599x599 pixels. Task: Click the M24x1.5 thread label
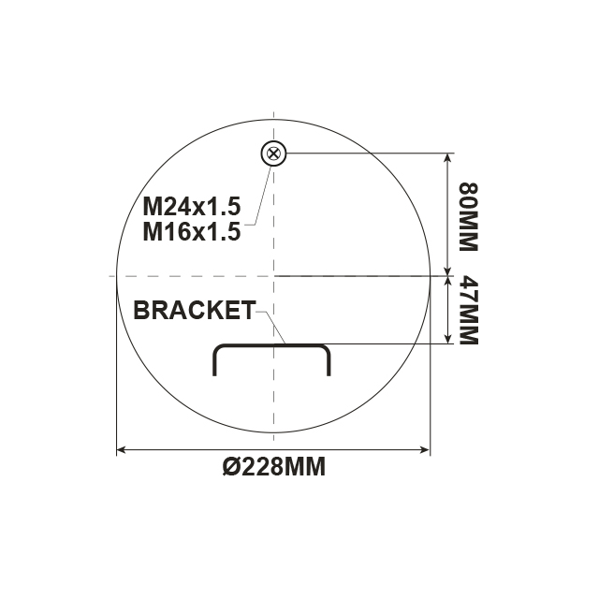pyautogui.click(x=191, y=205)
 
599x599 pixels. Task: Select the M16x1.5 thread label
pyautogui.click(x=191, y=231)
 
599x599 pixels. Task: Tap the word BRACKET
pyautogui.click(x=195, y=311)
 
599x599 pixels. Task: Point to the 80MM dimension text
pyautogui.click(x=465, y=214)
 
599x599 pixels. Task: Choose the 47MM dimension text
pyautogui.click(x=465, y=310)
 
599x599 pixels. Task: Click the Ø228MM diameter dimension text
pyautogui.click(x=274, y=467)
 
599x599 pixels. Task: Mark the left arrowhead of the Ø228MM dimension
pyautogui.click(x=121, y=450)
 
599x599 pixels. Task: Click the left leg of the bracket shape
pyautogui.click(x=215, y=363)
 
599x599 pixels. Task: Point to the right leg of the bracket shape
pyautogui.click(x=329, y=363)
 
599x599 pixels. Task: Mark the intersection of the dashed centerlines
pyautogui.click(x=272, y=276)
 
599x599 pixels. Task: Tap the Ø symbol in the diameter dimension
pyautogui.click(x=231, y=467)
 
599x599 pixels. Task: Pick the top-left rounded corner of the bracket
pyautogui.click(x=218, y=347)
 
